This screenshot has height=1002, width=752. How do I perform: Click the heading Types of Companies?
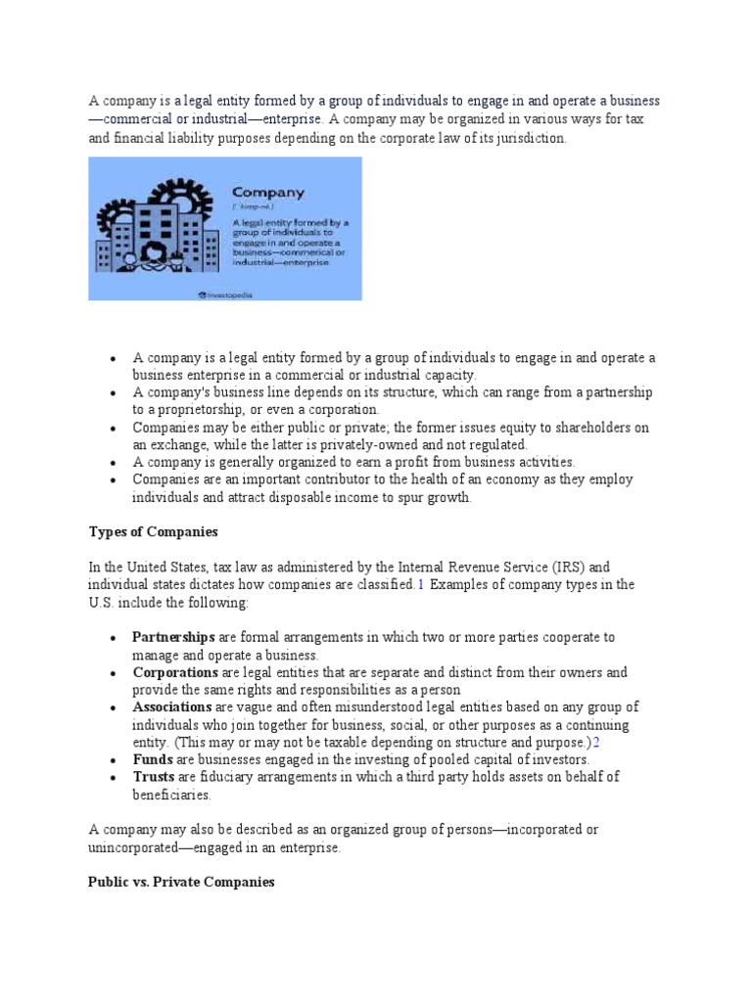[153, 531]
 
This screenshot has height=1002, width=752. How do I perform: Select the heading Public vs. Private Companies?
[181, 882]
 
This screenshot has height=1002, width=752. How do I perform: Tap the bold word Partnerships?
[173, 637]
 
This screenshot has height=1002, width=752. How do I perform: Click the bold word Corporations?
[175, 672]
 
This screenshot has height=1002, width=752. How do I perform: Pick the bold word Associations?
[172, 706]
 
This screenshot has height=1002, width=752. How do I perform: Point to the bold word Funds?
[153, 759]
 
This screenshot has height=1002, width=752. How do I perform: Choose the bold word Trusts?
[155, 777]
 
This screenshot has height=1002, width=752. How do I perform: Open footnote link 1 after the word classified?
[420, 585]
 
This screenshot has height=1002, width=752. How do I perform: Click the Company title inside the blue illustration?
[267, 194]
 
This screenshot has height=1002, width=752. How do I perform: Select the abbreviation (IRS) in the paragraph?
[566, 568]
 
